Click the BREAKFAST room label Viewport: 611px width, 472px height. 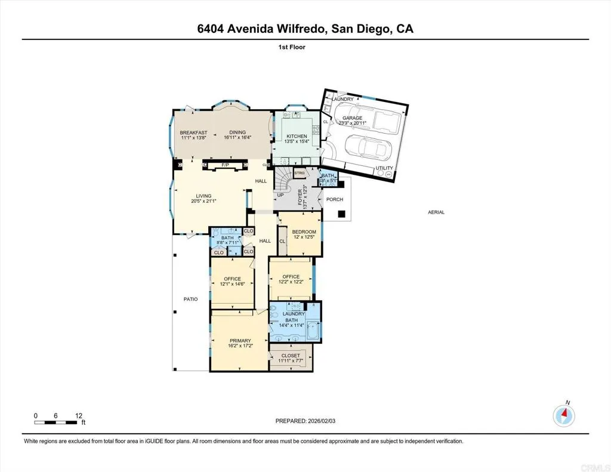(193, 132)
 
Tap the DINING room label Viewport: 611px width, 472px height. (238, 132)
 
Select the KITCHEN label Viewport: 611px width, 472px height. (297, 137)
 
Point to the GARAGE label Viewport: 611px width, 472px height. (351, 118)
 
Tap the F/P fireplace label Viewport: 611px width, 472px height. (226, 165)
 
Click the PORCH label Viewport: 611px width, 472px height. (334, 200)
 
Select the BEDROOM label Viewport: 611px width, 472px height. (304, 232)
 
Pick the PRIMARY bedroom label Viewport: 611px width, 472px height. (240, 341)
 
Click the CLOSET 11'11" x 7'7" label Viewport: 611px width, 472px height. (291, 356)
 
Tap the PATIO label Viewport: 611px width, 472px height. (190, 300)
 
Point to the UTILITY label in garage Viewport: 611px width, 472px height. (384, 168)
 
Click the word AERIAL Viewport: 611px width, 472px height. (436, 212)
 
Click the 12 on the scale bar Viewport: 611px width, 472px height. (78, 415)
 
